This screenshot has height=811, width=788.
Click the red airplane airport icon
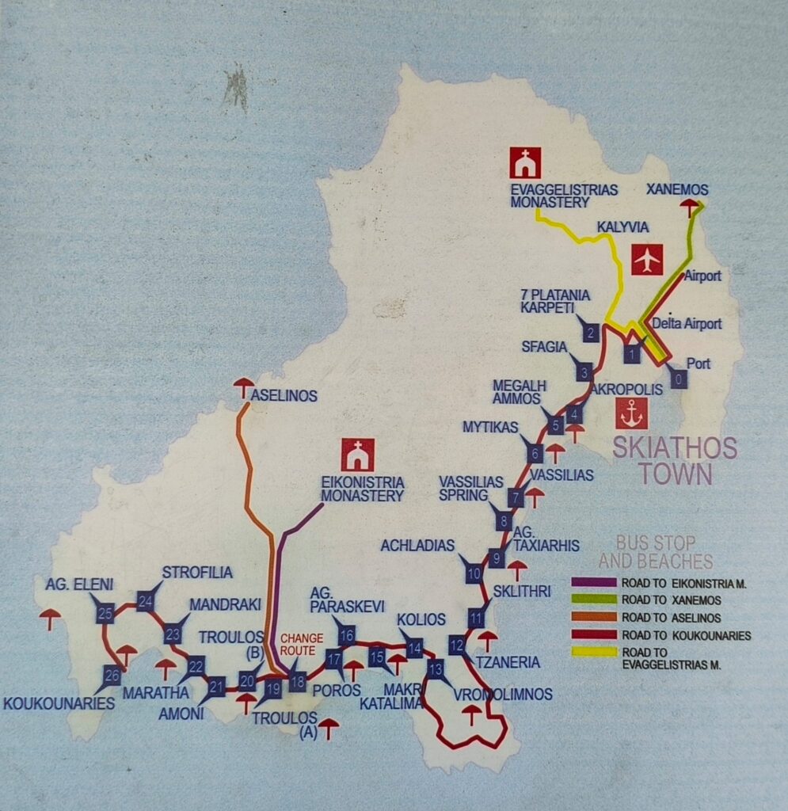pos(647,259)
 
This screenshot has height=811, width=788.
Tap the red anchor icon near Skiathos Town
pos(631,413)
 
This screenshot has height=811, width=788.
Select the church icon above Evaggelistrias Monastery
pos(525,162)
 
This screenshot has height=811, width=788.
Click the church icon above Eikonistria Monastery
pos(358,455)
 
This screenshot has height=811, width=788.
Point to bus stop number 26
pos(112,676)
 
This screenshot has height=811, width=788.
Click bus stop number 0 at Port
pos(679,379)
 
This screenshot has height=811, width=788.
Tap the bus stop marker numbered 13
pos(436,668)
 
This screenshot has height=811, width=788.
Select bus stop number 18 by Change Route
pos(297,681)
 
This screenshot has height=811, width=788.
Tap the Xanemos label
pos(677,189)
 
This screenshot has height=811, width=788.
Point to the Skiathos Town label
pos(674,461)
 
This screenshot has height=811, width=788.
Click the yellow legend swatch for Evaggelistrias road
pos(593,653)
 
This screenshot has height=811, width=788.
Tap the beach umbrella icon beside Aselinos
pos(243,386)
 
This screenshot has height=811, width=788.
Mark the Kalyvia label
pos(622,227)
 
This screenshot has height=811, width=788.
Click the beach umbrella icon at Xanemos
pos(691,207)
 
